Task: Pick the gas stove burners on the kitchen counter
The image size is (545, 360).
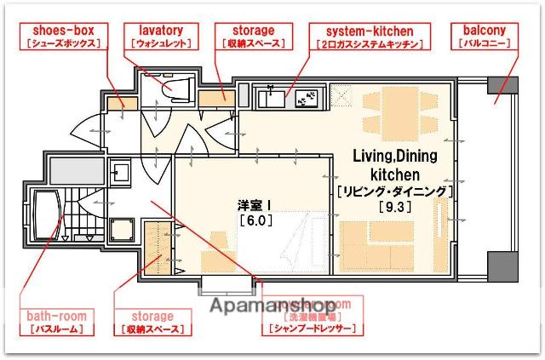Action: [x=306, y=100]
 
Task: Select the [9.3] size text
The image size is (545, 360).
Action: [x=392, y=207]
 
